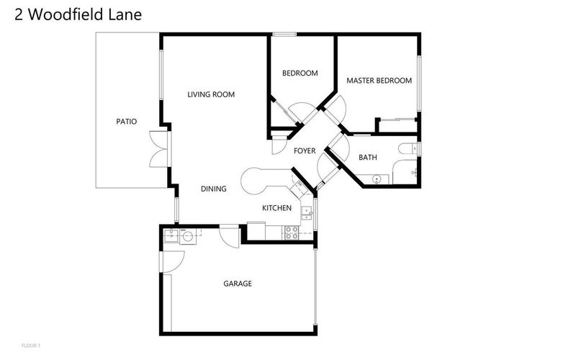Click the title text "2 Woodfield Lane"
click(78, 14)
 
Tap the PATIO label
click(127, 122)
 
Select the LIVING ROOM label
click(211, 94)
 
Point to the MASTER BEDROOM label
click(379, 81)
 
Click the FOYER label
click(305, 150)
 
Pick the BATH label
click(368, 157)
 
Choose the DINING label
click(214, 189)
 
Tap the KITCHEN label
click(276, 208)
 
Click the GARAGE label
click(238, 284)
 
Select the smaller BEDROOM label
click(300, 73)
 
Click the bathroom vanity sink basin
click(377, 177)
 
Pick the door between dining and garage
click(229, 236)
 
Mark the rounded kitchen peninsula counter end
click(251, 181)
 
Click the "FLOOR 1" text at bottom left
click(31, 346)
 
